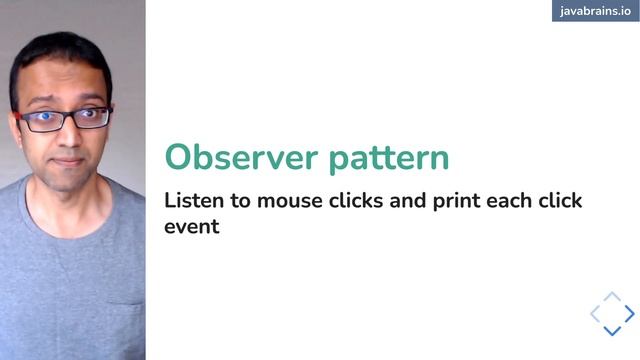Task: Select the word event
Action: coord(191,227)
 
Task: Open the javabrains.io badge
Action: coord(594,11)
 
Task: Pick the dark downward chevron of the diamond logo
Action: coord(613,331)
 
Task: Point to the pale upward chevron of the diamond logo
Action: coord(613,297)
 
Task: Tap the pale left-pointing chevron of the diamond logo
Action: coord(595,314)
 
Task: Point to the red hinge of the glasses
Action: coord(20,116)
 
